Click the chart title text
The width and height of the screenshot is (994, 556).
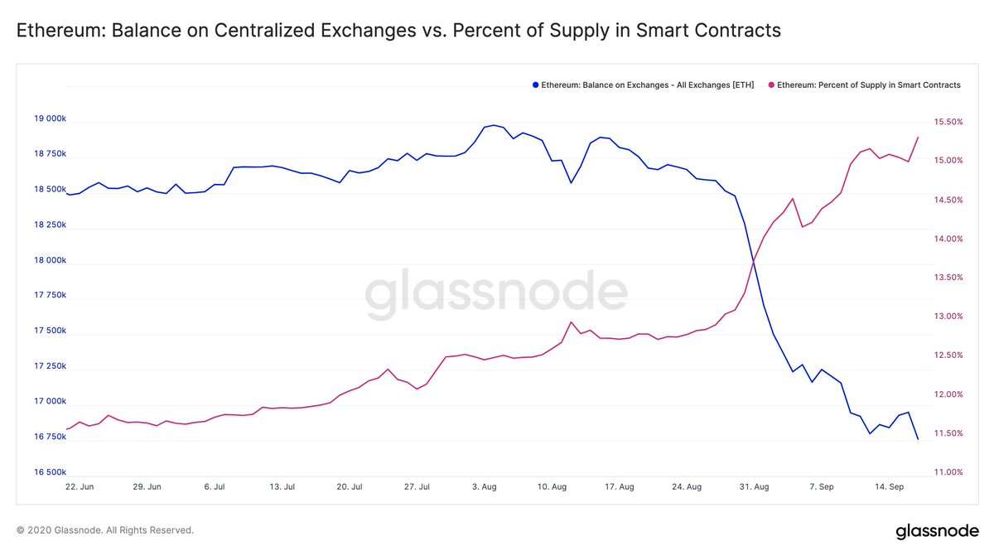coord(398,31)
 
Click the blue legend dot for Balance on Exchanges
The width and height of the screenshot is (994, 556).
coord(535,85)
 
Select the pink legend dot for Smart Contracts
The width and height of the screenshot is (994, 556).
coord(773,85)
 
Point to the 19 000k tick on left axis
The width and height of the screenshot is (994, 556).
coord(50,119)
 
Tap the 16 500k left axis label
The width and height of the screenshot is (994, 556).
coord(50,472)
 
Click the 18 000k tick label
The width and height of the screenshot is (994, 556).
coord(50,260)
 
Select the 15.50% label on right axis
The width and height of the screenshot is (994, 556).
coord(943,122)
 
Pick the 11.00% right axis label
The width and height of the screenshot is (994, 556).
coord(943,472)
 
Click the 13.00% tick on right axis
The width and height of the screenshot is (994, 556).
coord(943,317)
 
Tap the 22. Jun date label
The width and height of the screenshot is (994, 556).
coord(80,487)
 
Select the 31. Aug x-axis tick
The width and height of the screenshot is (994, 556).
coord(752,487)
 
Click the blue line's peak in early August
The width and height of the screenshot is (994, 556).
coord(494,125)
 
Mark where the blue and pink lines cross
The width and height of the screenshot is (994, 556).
coord(753,263)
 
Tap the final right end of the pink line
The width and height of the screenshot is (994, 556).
coord(918,138)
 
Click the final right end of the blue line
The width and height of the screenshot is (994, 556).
coord(918,439)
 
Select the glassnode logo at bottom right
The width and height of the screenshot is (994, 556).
coord(938,530)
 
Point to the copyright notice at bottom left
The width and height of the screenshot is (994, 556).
coord(104,529)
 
